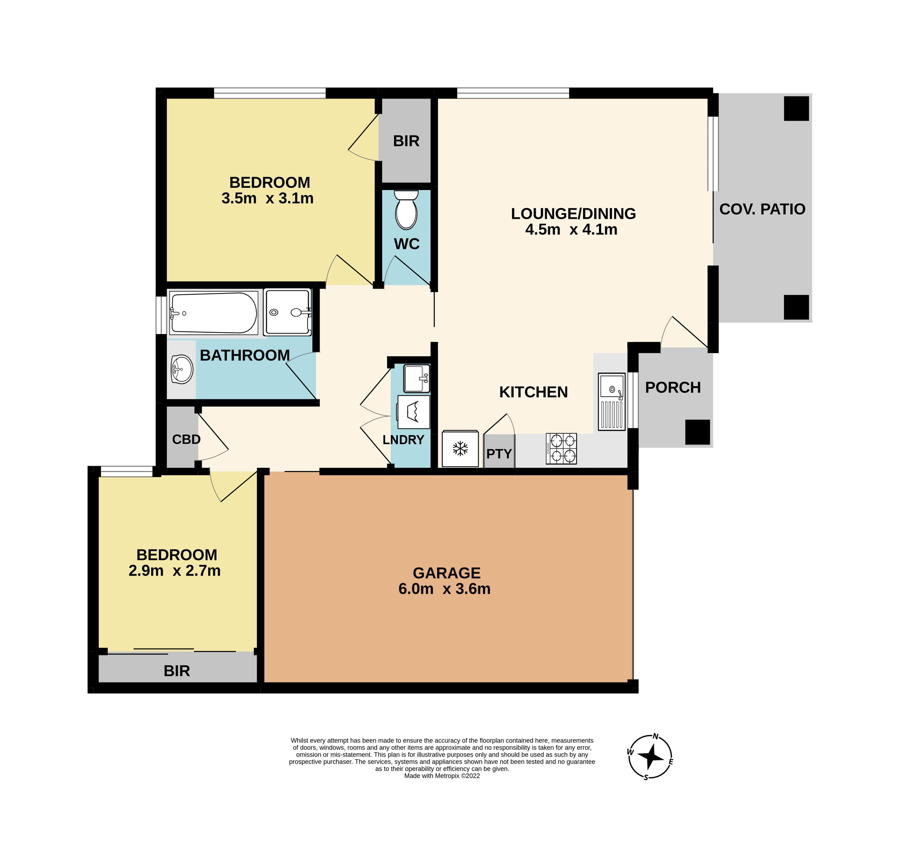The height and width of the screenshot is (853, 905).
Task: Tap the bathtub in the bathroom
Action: (x=213, y=313)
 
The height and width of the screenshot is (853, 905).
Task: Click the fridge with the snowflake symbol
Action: (x=460, y=449)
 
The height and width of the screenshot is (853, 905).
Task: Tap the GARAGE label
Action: (x=447, y=573)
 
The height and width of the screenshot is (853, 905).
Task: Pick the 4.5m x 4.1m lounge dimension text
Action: (x=571, y=229)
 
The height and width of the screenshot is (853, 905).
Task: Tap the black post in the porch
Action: (x=698, y=432)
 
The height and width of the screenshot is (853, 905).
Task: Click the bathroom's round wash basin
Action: (x=182, y=369)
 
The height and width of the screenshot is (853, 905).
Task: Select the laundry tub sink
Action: (x=417, y=378)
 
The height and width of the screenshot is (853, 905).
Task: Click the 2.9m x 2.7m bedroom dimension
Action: (x=174, y=571)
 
